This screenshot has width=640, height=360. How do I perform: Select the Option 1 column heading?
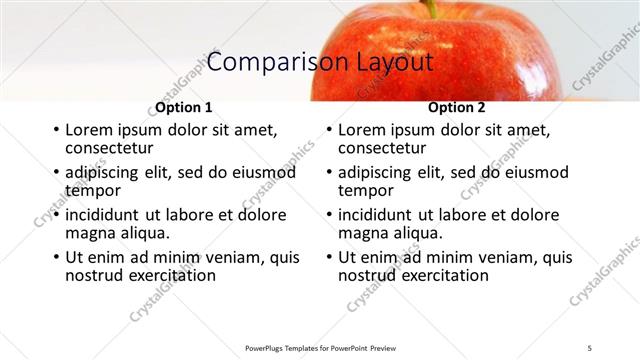click(x=184, y=107)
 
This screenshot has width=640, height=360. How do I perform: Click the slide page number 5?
click(x=590, y=347)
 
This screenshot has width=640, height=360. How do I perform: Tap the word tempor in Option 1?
click(x=92, y=190)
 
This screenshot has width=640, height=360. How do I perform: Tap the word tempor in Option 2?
click(x=365, y=190)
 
